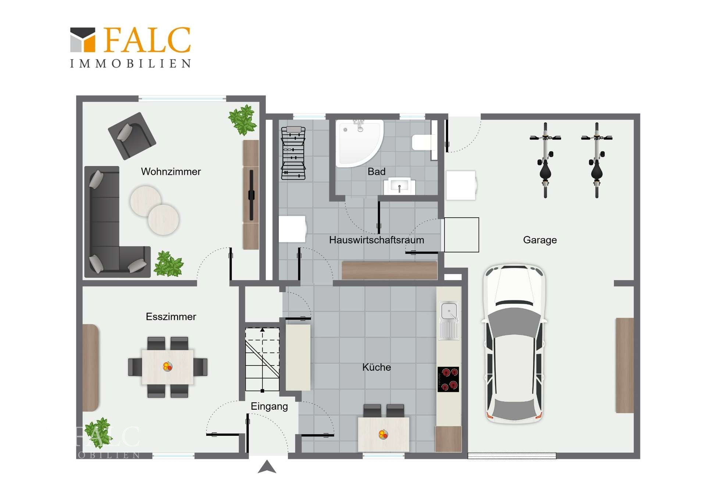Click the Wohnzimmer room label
point(171,172)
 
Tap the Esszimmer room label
point(171,317)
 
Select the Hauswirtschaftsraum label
point(377,240)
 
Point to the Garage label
point(540,240)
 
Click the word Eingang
point(269,407)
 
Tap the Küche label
point(377,367)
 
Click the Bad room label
point(377,172)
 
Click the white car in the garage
point(514,343)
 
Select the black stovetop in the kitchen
point(448,379)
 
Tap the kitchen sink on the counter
point(449,320)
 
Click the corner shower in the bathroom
point(359,143)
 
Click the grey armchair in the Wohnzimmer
point(132,136)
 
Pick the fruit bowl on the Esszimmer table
point(167,366)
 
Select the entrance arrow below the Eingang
point(267,467)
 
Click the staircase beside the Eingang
point(262,360)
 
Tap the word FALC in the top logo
point(147,40)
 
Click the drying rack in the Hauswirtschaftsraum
point(293,153)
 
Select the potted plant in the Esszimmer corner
point(99,433)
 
